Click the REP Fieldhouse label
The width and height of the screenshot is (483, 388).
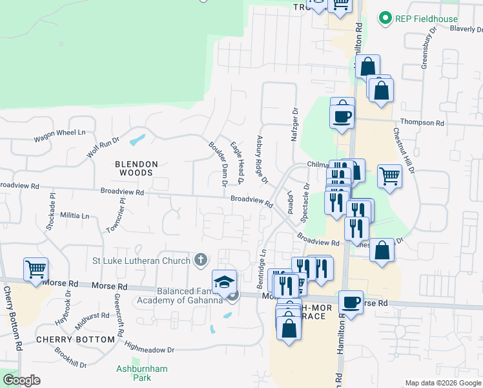(427, 19)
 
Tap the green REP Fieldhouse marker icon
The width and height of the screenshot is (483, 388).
(386, 19)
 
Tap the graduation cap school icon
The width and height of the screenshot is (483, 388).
(224, 282)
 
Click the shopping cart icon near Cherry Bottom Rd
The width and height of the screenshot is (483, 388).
(36, 268)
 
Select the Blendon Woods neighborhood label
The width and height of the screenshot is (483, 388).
(134, 168)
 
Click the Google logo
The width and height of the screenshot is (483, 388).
(21, 380)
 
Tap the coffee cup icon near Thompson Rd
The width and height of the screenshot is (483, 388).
(342, 116)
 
